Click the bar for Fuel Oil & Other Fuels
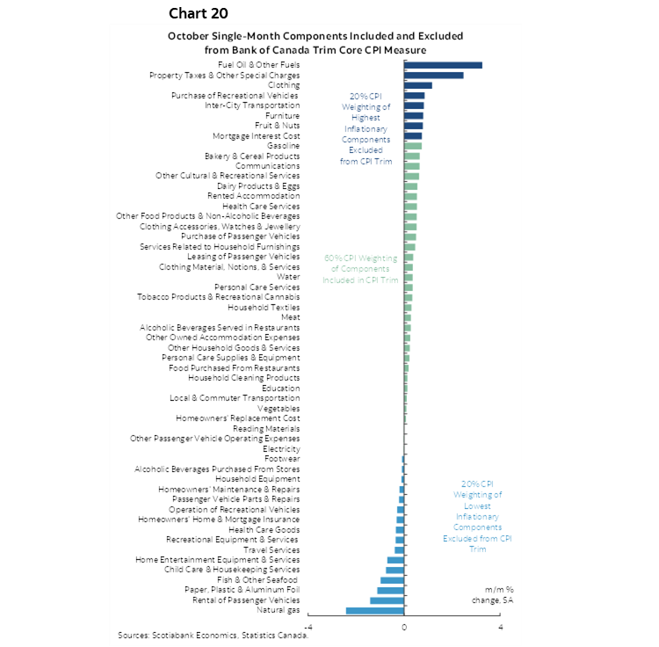(x=444, y=65)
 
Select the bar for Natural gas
(x=375, y=610)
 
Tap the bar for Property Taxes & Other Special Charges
(x=434, y=76)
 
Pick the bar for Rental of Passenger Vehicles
(x=387, y=600)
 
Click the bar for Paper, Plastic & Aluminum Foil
(x=391, y=590)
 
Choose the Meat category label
(x=290, y=317)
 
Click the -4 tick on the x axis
(x=308, y=627)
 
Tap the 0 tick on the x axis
(x=404, y=627)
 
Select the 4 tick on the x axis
(x=500, y=627)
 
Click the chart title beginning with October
(x=315, y=43)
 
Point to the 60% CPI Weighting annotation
(x=354, y=269)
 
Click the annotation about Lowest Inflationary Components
(x=477, y=516)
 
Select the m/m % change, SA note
(x=499, y=594)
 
